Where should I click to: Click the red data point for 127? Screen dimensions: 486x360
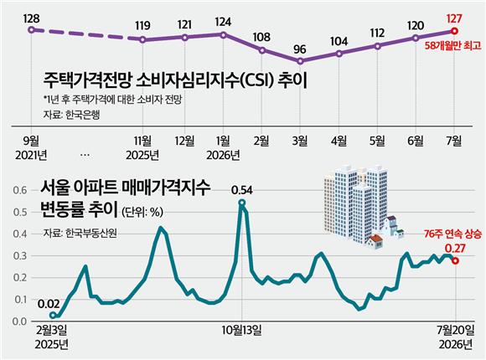(454, 31)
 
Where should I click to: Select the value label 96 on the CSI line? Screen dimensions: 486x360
(299, 49)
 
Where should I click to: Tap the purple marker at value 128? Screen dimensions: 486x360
(31, 30)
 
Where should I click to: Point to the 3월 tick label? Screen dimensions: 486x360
(300, 141)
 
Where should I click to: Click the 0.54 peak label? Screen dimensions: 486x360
(242, 190)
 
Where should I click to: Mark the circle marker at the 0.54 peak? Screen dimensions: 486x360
(242, 203)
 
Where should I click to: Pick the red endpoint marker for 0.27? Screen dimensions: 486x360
(455, 261)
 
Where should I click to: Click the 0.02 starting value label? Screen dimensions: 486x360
(49, 304)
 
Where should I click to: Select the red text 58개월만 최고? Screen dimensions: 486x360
(452, 46)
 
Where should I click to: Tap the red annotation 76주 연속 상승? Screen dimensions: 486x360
(452, 234)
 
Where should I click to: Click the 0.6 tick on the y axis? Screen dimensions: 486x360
(20, 190)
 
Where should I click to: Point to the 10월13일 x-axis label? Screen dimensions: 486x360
(242, 330)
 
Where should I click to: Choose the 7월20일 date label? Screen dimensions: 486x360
(456, 330)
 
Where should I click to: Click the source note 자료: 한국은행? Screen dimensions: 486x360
(71, 115)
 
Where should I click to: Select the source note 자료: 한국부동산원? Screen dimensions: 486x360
(80, 233)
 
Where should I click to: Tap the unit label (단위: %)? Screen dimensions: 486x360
(142, 212)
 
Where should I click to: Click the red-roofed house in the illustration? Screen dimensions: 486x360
(375, 242)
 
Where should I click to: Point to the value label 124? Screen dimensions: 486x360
(223, 22)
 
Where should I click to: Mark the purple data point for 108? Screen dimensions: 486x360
(262, 50)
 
